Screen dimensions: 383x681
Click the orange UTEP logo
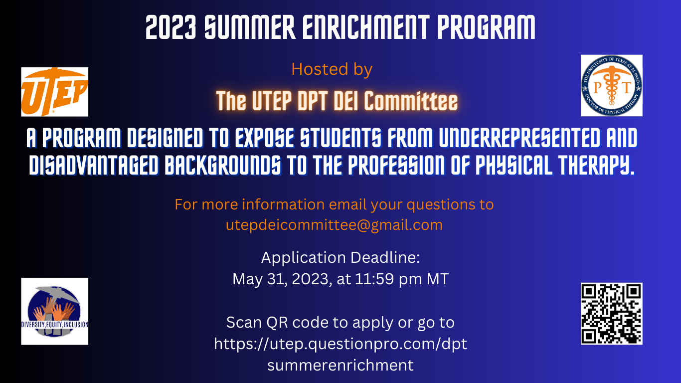tap(54, 92)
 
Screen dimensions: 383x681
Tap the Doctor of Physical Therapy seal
tap(611, 86)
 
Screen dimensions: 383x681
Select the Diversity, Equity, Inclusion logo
tap(54, 311)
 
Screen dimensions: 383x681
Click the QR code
tap(611, 313)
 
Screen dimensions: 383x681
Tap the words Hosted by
tap(332, 69)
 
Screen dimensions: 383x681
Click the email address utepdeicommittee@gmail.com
tap(334, 225)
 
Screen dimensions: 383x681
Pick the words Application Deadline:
tap(340, 258)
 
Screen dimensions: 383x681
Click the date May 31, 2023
tap(281, 279)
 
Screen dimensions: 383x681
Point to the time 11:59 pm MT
tap(401, 279)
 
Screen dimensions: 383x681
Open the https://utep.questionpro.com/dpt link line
tap(340, 344)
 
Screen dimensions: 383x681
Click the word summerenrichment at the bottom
tap(340, 365)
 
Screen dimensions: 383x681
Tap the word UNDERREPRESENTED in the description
tap(518, 139)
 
